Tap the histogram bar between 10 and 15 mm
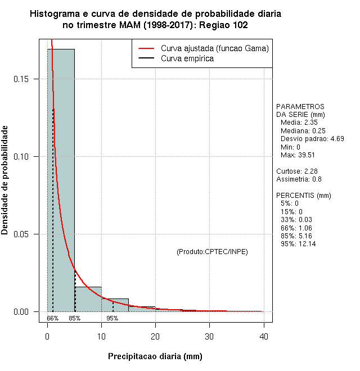[115, 305]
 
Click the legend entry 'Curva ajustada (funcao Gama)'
[214, 48]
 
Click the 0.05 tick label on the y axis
[21, 234]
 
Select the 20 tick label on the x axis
[155, 336]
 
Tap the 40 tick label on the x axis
[263, 336]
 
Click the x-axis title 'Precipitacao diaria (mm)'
[155, 356]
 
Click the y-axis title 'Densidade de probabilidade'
[6, 180]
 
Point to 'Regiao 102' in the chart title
[224, 25]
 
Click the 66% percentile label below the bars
[53, 318]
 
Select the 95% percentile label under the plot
[112, 318]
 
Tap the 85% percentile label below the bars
[75, 318]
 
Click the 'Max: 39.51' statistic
[300, 155]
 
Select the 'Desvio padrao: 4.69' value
[312, 139]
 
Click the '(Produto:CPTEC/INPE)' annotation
[212, 251]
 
